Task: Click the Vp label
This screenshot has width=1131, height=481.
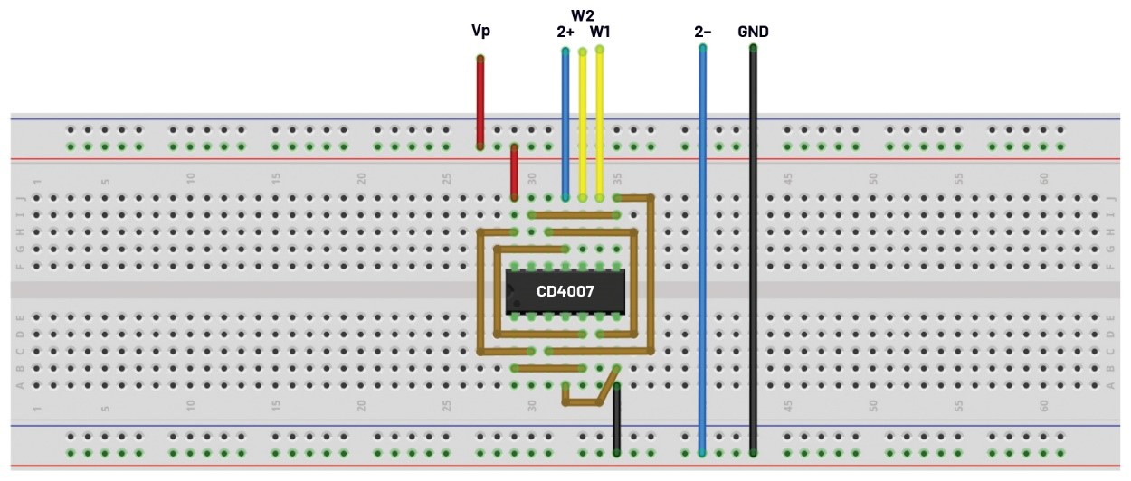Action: [x=480, y=31]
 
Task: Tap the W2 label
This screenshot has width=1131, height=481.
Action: [x=582, y=15]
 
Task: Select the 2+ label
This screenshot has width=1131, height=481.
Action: [x=565, y=32]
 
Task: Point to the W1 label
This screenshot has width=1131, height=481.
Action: [x=600, y=32]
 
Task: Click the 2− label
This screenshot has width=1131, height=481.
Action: [x=703, y=32]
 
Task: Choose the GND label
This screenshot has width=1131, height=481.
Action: [x=753, y=32]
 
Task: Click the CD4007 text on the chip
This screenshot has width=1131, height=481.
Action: [x=565, y=292]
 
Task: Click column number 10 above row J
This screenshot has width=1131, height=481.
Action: [x=191, y=179]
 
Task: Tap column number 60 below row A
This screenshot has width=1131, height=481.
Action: [x=1043, y=407]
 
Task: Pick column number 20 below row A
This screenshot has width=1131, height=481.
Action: [x=361, y=407]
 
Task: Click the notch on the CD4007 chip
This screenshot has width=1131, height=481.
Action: [x=510, y=291]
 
